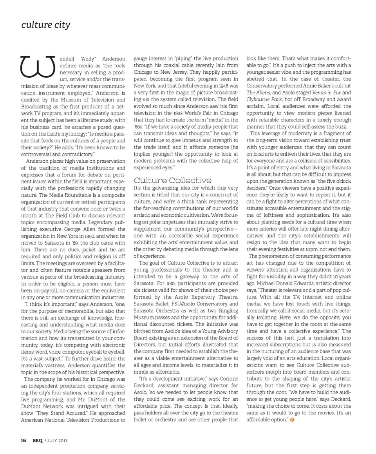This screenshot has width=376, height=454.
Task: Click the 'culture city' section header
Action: coord(46,25)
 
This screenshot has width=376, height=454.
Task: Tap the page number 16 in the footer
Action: coord(23,440)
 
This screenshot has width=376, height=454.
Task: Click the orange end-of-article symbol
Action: coord(292,420)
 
